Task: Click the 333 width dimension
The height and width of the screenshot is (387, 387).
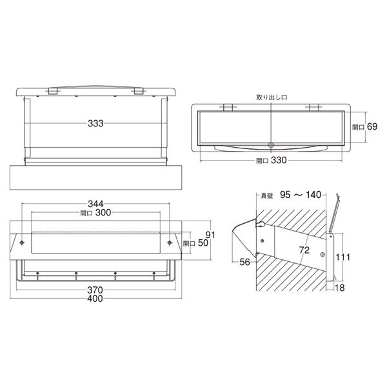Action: click(x=95, y=123)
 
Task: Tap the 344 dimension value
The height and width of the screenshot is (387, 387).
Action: click(x=95, y=204)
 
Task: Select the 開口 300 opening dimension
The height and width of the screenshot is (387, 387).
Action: click(x=95, y=212)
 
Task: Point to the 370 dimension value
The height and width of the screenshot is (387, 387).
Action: click(x=95, y=290)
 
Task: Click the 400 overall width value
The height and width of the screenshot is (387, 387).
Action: click(x=95, y=299)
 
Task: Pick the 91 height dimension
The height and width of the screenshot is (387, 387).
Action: click(x=210, y=235)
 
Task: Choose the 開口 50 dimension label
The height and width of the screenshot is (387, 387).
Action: click(x=195, y=243)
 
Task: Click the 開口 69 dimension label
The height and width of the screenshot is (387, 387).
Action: click(x=365, y=126)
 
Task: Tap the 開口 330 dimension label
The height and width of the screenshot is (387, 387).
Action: click(x=272, y=161)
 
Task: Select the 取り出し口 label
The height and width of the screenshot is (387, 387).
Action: click(x=272, y=97)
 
